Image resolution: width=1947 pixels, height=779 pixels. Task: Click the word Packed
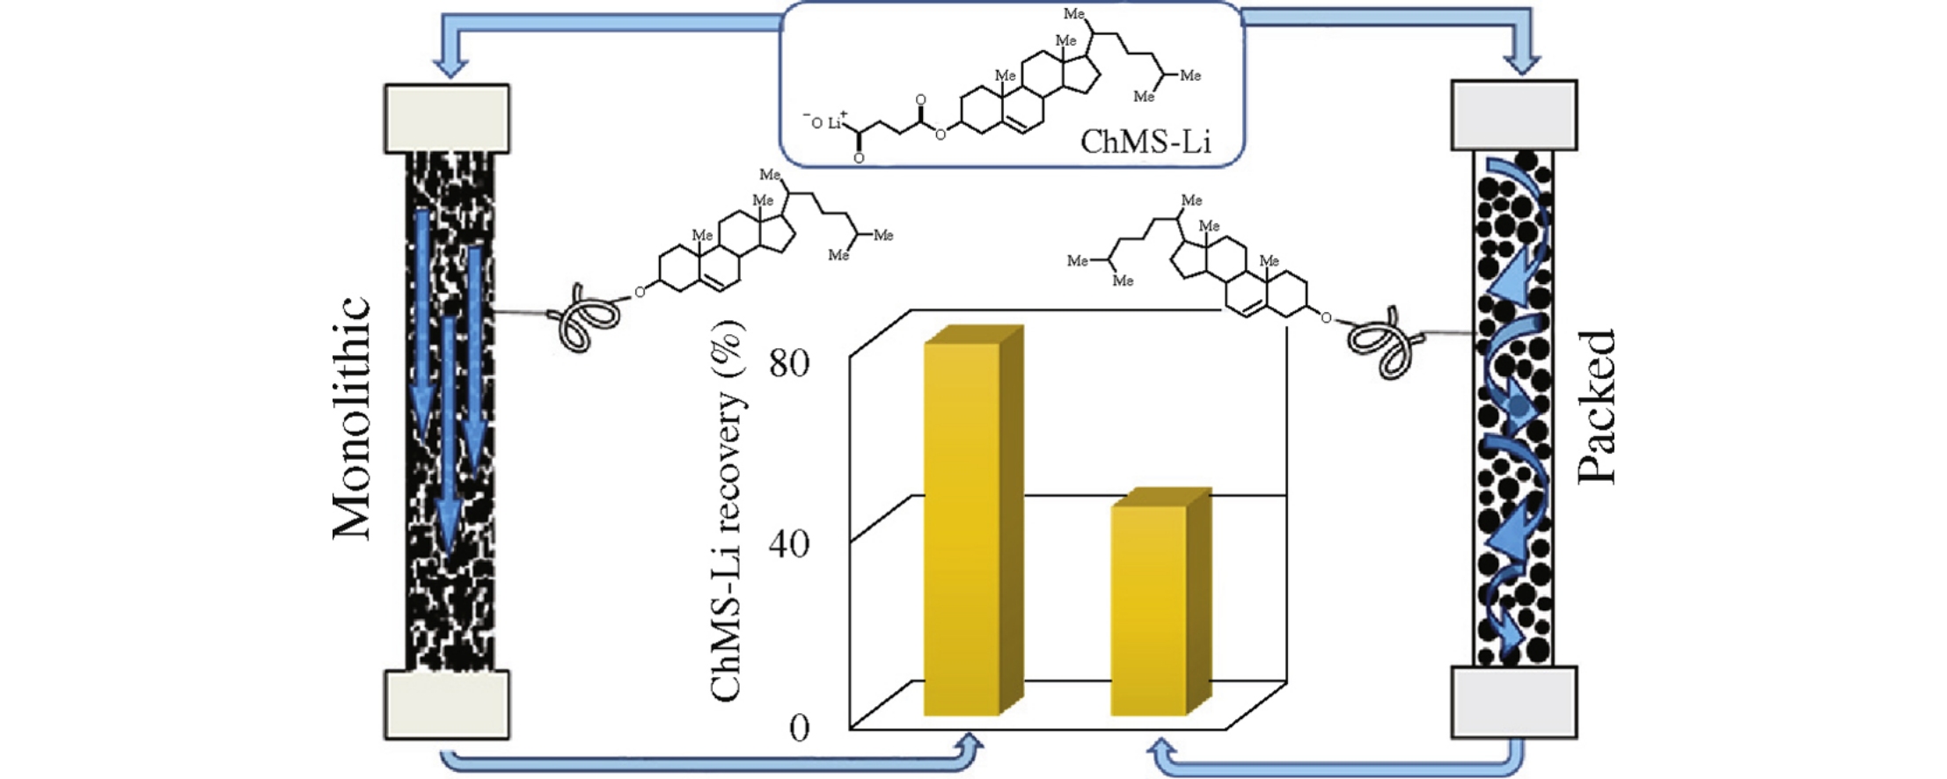point(1596,406)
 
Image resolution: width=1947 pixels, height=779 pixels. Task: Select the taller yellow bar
point(963,528)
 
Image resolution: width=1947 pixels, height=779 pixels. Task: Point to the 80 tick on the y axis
point(788,362)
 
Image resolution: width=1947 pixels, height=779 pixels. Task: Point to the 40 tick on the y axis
point(788,544)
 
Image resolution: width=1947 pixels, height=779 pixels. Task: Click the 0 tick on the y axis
point(799,728)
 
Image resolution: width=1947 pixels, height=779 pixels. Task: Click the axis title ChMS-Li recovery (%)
point(727,511)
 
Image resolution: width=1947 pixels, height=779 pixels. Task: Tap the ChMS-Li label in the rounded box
point(1145,142)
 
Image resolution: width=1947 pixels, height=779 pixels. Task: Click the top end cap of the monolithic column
point(447,119)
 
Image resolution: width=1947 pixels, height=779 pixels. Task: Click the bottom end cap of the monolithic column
point(447,704)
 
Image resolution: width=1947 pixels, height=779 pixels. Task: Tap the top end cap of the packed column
point(1513,115)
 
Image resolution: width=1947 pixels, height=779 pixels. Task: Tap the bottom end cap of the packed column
point(1513,702)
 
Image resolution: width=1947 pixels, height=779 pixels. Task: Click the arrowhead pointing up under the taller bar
point(970,747)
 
